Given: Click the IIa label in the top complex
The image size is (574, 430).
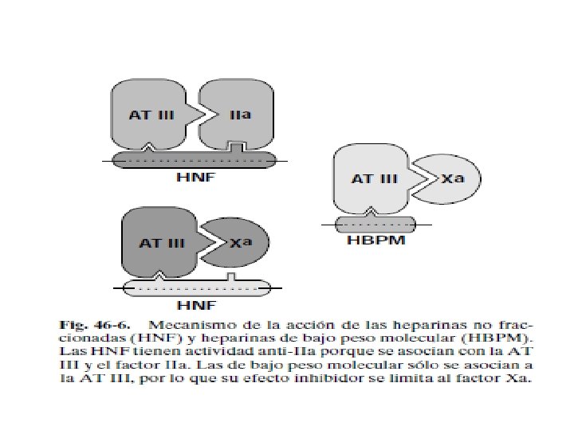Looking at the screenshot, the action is [x=240, y=115].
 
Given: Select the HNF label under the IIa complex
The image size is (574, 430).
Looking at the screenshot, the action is [x=195, y=177].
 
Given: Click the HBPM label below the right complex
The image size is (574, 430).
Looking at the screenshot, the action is [x=375, y=240].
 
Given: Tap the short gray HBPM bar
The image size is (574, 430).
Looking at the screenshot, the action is [x=375, y=224].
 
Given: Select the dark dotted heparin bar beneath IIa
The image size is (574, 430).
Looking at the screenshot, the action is [x=195, y=160].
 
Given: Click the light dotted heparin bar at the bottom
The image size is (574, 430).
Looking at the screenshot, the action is [x=196, y=287].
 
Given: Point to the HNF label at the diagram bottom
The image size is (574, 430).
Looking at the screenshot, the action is [x=195, y=303].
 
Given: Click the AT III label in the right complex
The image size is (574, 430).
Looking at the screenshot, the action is [x=374, y=179].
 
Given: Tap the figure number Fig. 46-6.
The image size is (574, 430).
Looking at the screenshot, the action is [x=89, y=326].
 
